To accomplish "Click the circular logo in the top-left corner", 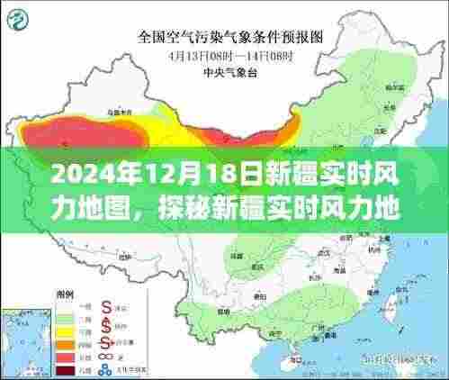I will coord(30,19).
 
